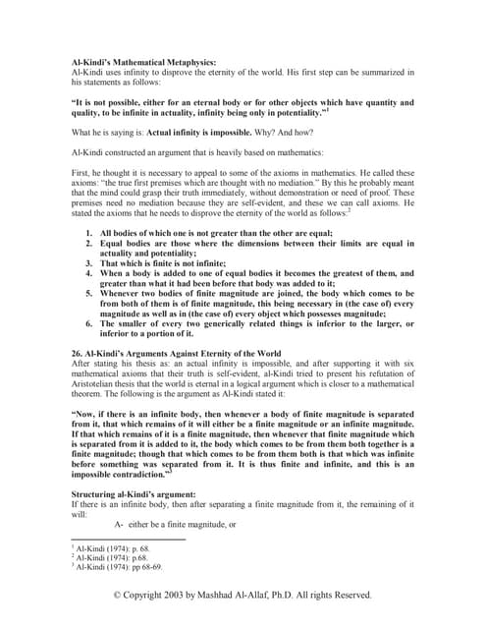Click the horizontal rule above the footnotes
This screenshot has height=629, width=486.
128,539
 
